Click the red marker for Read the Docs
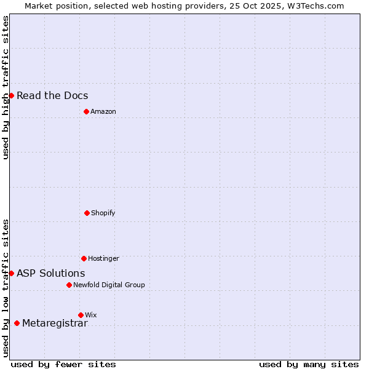tap(11, 95)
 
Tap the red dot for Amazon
tap(86, 111)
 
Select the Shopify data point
tap(87, 213)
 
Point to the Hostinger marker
tap(84, 258)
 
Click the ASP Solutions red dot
tap(11, 273)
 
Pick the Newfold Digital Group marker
tap(69, 285)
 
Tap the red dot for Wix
tap(81, 315)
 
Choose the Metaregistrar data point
tap(17, 323)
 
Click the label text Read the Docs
tap(52, 95)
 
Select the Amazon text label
tap(103, 111)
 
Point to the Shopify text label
tap(103, 213)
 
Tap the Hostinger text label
tap(103, 258)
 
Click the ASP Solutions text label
tap(51, 273)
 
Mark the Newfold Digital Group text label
tap(109, 285)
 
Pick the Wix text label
tap(91, 315)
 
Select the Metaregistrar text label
tap(55, 323)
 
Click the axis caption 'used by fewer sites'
tap(63, 364)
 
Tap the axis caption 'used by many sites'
tap(309, 364)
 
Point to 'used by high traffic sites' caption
tap(6, 88)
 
